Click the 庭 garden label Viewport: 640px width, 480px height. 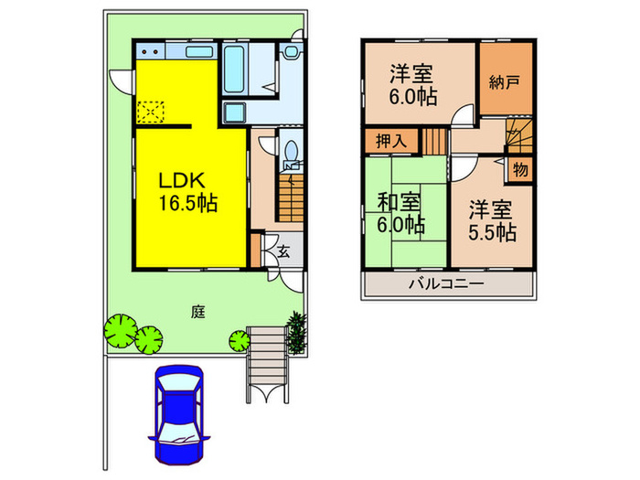197,312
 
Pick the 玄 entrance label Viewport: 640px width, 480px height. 284,251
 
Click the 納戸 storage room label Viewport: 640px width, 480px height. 504,83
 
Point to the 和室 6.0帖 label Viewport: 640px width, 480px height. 401,211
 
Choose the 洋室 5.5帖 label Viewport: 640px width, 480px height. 492,221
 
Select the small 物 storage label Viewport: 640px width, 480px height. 519,171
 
